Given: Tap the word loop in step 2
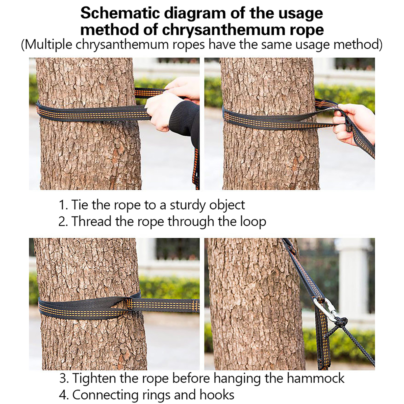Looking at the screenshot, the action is pos(253,222).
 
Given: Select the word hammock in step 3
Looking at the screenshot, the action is pos(315,378).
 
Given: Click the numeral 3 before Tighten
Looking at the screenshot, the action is pos(63,378).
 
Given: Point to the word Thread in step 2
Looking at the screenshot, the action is pos(91,221).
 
